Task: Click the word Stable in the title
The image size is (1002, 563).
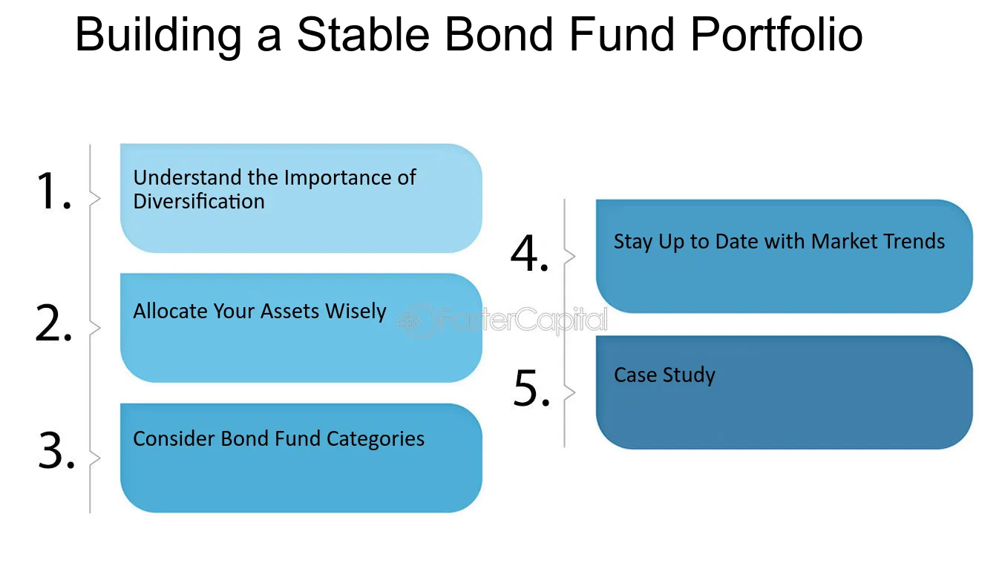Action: (363, 34)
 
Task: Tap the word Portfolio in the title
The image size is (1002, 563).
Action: (776, 34)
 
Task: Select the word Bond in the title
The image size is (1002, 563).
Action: (500, 34)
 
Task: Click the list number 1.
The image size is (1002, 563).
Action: (53, 191)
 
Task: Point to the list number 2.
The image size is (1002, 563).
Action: (53, 323)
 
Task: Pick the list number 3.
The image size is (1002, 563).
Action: (56, 450)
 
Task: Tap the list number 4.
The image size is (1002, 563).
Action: (530, 254)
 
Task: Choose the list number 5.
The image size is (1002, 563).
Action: (531, 388)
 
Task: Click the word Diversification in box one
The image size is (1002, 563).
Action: (199, 201)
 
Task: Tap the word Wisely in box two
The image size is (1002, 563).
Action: (356, 312)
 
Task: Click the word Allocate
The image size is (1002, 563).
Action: (170, 311)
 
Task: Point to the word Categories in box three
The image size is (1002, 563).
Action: (376, 439)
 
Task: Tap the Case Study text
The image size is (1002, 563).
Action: (664, 375)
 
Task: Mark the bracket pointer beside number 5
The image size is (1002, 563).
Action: (570, 392)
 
